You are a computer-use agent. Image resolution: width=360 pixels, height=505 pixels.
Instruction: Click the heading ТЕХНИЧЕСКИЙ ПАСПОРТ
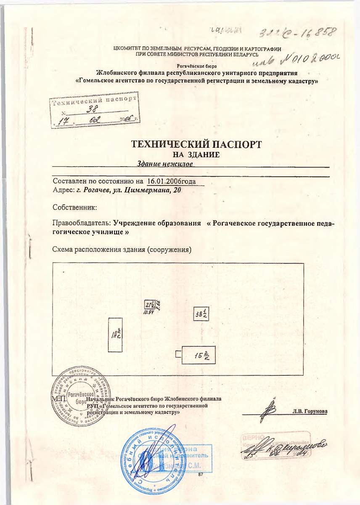pyautogui.click(x=196, y=144)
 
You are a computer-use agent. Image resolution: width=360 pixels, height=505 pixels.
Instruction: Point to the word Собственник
pyautogui.click(x=74, y=207)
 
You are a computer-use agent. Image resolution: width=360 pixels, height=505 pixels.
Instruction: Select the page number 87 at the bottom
pyautogui.click(x=201, y=474)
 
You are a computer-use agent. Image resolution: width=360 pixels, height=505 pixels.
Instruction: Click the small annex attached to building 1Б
pyautogui.click(x=178, y=355)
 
